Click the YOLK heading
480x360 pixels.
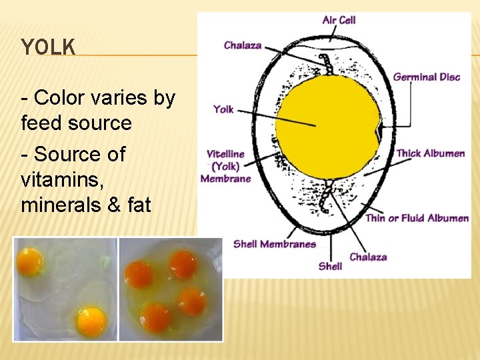(x=48, y=47)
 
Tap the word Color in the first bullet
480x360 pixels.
(x=56, y=98)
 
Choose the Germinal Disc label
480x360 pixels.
(x=427, y=77)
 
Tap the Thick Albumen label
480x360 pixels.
(x=431, y=153)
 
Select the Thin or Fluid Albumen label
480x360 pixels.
(x=417, y=218)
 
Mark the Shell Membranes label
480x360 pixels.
(x=275, y=244)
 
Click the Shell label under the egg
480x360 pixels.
(x=330, y=266)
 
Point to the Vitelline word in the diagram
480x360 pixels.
(x=226, y=154)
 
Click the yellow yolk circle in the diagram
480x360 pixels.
(x=320, y=127)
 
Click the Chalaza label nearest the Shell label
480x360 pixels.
(x=368, y=257)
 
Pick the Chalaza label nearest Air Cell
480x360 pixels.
(x=243, y=45)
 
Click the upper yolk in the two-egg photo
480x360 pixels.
(x=30, y=261)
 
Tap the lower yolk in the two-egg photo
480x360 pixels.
(x=91, y=321)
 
